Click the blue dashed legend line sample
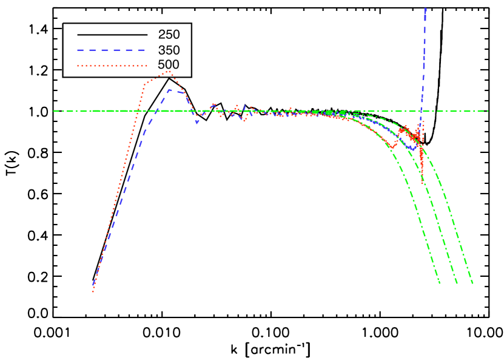pyautogui.click(x=111, y=50)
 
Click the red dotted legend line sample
pyautogui.click(x=112, y=66)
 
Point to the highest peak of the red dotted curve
pyautogui.click(x=169, y=71)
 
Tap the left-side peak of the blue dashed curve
pyautogui.click(x=170, y=90)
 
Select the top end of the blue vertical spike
pyautogui.click(x=425, y=8)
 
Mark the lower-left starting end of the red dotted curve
pyautogui.click(x=93, y=292)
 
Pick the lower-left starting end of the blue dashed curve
pyautogui.click(x=93, y=284)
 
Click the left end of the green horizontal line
pyautogui.click(x=53, y=110)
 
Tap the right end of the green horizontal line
pyautogui.click(x=488, y=110)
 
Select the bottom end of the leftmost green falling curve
pyautogui.click(x=440, y=284)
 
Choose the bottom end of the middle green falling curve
pyautogui.click(x=457, y=284)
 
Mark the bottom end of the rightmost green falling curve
pyautogui.click(x=472, y=284)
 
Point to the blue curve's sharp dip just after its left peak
pyautogui.click(x=197, y=123)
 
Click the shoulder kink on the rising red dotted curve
pyautogui.click(x=145, y=84)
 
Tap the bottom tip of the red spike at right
pyautogui.click(x=422, y=182)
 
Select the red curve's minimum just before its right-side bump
pyautogui.click(x=392, y=148)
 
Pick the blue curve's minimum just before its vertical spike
pyautogui.click(x=412, y=149)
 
